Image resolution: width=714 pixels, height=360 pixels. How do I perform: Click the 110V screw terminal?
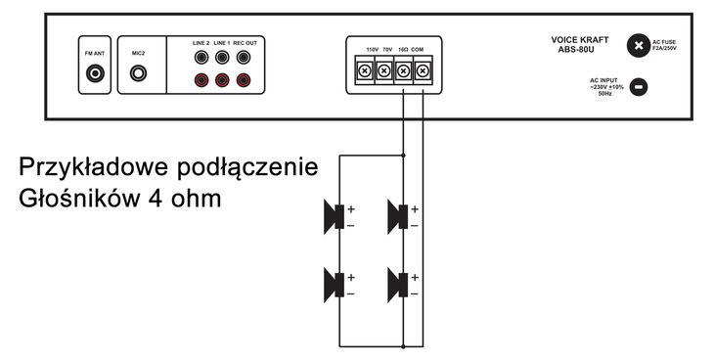coord(364,71)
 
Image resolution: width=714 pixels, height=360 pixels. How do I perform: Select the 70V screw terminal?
coord(383,71)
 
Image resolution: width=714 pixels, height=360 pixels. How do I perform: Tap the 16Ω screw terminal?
coord(403,71)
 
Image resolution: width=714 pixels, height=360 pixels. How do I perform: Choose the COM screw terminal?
coord(423,71)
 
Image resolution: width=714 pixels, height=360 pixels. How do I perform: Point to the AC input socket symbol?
coord(638,87)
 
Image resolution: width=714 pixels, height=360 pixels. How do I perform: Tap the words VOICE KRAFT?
coord(580,40)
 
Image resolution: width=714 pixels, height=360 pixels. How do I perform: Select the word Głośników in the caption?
coord(80,197)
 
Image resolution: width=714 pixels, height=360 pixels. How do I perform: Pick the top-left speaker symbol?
coord(334,215)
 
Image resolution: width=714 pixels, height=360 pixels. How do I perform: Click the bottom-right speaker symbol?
coord(396,284)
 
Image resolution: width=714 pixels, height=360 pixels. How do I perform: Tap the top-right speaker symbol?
coord(396,215)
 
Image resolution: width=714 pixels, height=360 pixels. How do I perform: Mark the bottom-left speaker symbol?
coord(334,284)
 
